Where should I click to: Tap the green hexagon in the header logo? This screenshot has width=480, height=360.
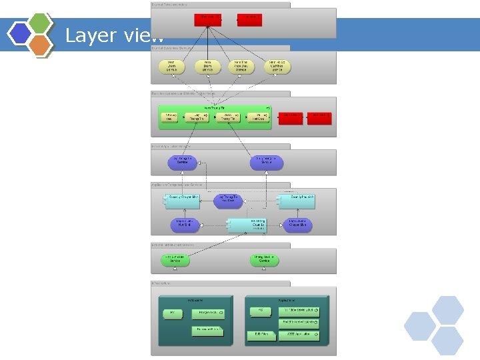click(x=41, y=23)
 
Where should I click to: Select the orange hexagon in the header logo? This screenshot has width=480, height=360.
click(x=41, y=44)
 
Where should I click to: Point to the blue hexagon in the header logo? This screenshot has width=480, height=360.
click(x=21, y=33)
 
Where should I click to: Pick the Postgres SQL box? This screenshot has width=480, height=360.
click(x=207, y=313)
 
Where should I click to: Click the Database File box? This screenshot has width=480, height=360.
click(x=207, y=330)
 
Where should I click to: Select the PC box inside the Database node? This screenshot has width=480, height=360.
click(x=173, y=313)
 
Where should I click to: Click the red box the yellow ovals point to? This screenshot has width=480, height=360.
click(x=209, y=18)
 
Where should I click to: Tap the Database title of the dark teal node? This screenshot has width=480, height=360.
click(x=195, y=301)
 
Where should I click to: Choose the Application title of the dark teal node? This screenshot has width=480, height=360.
click(x=288, y=301)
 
